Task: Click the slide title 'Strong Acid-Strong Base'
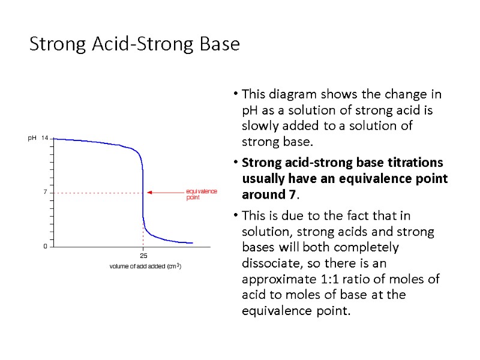point(134,44)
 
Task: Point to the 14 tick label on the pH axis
point(45,138)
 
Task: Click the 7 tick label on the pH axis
point(45,192)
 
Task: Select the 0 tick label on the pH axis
point(45,247)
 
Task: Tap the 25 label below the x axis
point(143,256)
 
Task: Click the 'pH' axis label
point(32,138)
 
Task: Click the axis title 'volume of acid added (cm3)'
point(145,266)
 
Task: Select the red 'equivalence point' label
point(201,194)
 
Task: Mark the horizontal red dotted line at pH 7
point(96,193)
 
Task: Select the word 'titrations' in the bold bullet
point(414,163)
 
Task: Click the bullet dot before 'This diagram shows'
point(237,94)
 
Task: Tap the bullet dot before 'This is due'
point(237,215)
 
